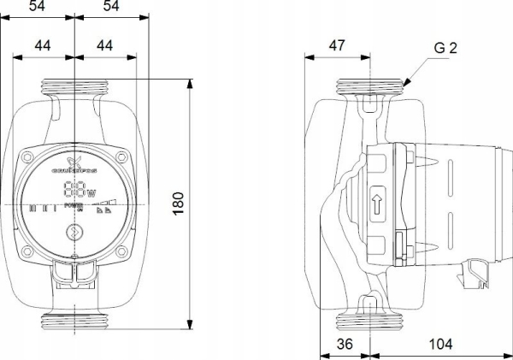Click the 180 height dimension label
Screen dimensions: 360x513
point(178,204)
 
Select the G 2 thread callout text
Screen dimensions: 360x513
point(445,49)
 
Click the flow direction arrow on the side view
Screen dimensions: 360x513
point(377,205)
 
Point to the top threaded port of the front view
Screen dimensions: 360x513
point(75,87)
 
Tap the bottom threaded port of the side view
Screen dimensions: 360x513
point(370,321)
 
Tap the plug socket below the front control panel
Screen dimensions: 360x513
point(75,273)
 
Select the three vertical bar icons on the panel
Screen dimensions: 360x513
point(42,207)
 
